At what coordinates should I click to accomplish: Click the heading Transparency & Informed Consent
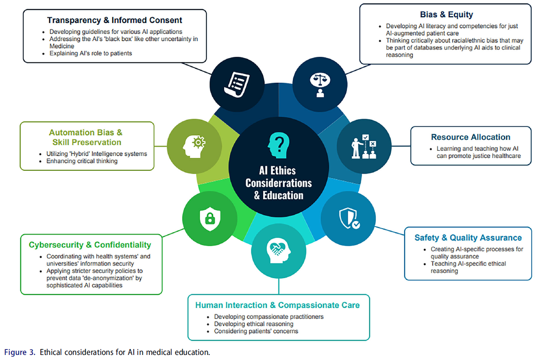coord(114,20)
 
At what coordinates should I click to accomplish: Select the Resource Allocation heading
coord(470,137)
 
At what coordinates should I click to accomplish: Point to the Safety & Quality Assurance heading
coord(468,238)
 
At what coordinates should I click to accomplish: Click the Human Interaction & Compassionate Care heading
coord(277,305)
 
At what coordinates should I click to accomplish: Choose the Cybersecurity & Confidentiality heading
coord(90,245)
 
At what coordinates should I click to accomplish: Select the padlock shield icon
coord(209,217)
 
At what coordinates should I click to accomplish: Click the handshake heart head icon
coord(278,251)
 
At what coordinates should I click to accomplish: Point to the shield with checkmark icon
coord(348,218)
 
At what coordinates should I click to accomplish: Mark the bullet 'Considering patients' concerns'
coord(256,331)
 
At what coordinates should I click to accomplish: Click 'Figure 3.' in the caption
coord(20,352)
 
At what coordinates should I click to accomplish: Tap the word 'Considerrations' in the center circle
coord(278,183)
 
